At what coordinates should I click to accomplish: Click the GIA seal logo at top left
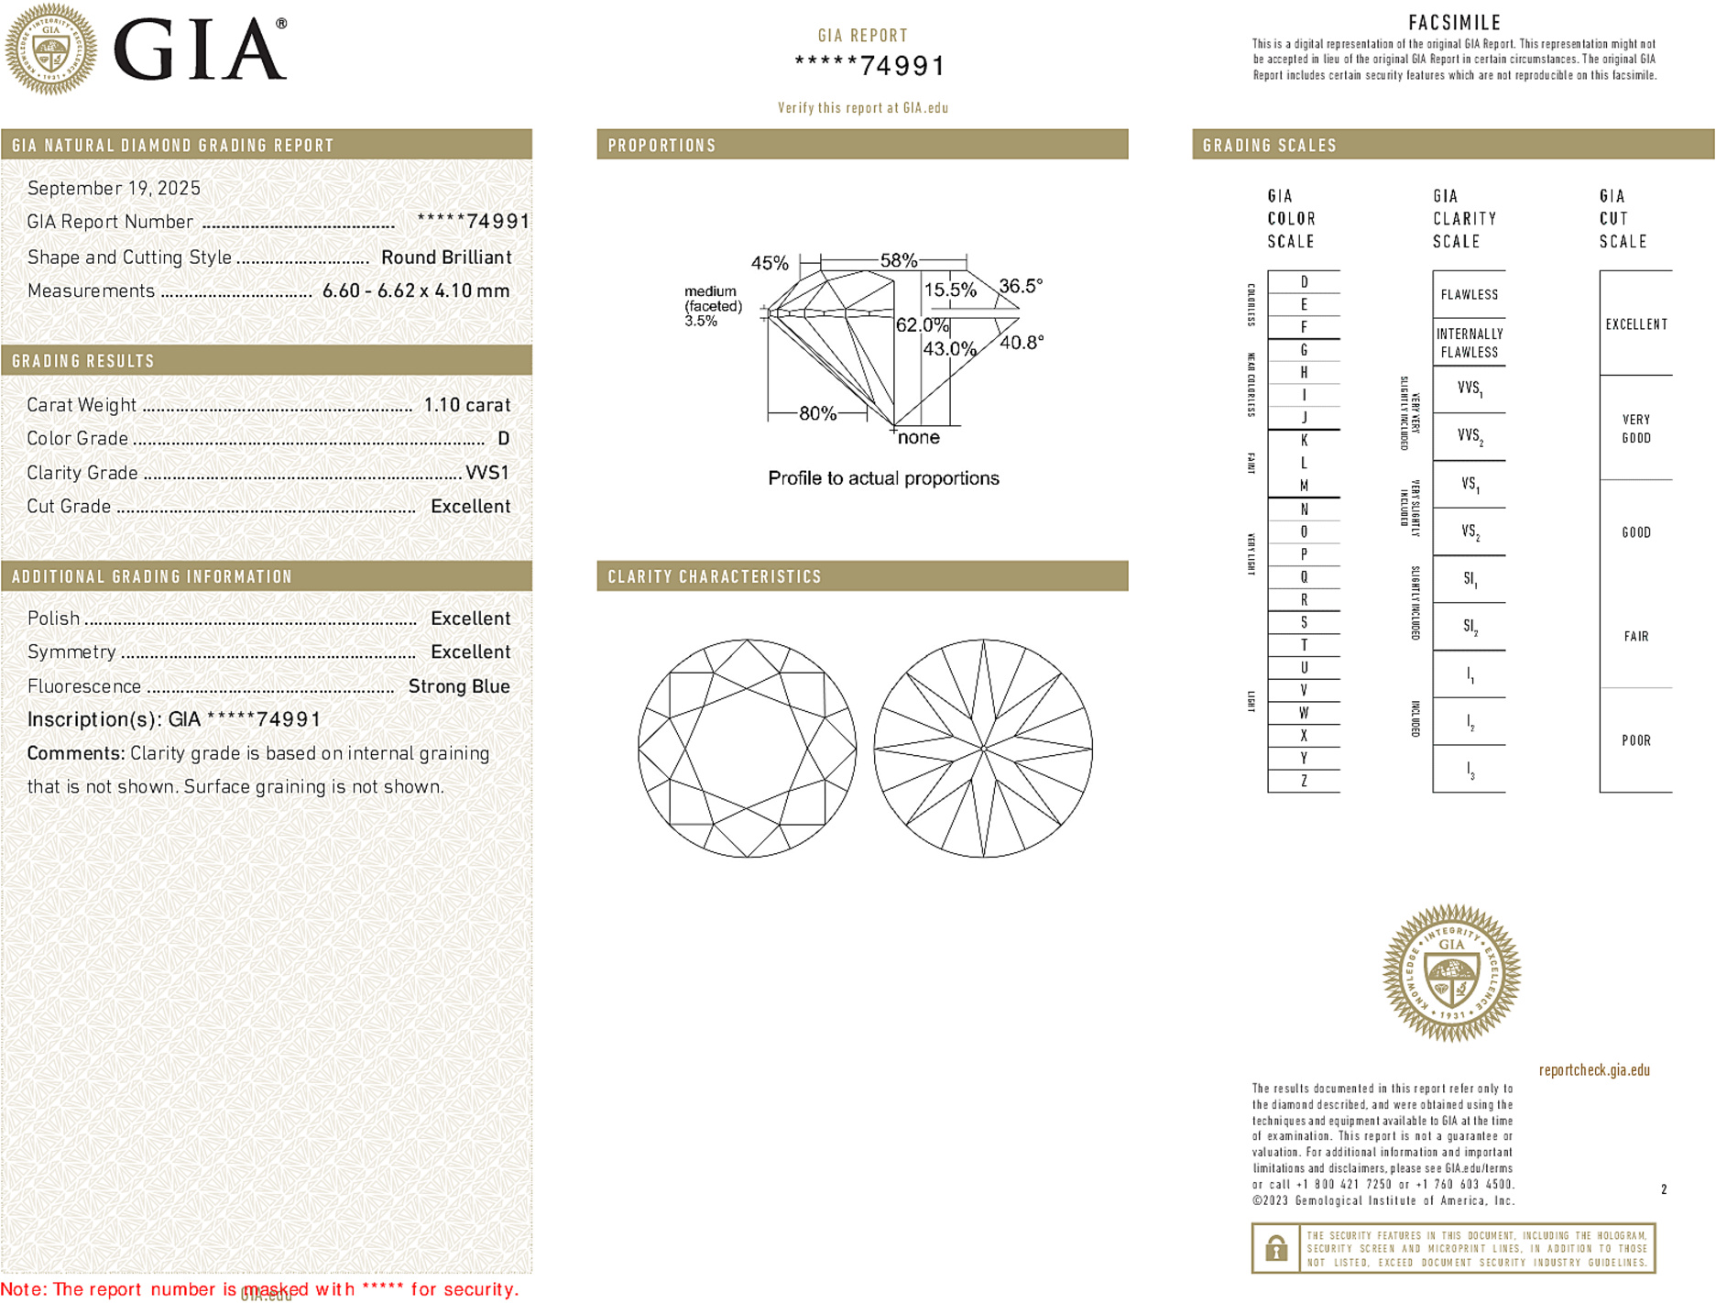pyautogui.click(x=50, y=49)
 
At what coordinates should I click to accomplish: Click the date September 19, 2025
pyautogui.click(x=114, y=189)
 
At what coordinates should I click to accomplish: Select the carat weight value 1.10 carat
pyautogui.click(x=466, y=405)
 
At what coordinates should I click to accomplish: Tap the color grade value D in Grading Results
pyautogui.click(x=503, y=439)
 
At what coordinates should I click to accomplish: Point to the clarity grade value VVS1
pyautogui.click(x=486, y=473)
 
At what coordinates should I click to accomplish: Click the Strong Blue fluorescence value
pyautogui.click(x=458, y=686)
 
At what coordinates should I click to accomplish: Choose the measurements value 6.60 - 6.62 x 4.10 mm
pyautogui.click(x=415, y=291)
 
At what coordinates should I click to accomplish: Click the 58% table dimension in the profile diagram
pyautogui.click(x=898, y=260)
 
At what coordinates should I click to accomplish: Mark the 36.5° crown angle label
pyautogui.click(x=1020, y=287)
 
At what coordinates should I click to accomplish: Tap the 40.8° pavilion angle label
pyautogui.click(x=1021, y=343)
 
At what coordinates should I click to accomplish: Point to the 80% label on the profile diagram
pyautogui.click(x=816, y=413)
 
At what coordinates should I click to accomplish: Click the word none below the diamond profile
pyautogui.click(x=918, y=438)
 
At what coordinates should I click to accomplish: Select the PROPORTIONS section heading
pyautogui.click(x=661, y=146)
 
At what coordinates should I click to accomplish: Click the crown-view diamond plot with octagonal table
pyautogui.click(x=747, y=748)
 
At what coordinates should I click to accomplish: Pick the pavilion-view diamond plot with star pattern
pyautogui.click(x=982, y=748)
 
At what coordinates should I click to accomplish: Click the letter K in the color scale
pyautogui.click(x=1304, y=441)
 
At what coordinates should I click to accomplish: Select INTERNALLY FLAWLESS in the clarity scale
pyautogui.click(x=1469, y=343)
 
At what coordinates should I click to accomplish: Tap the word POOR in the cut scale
pyautogui.click(x=1635, y=740)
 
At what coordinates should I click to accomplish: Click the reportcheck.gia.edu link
pyautogui.click(x=1593, y=1070)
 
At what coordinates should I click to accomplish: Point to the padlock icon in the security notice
pyautogui.click(x=1275, y=1248)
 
